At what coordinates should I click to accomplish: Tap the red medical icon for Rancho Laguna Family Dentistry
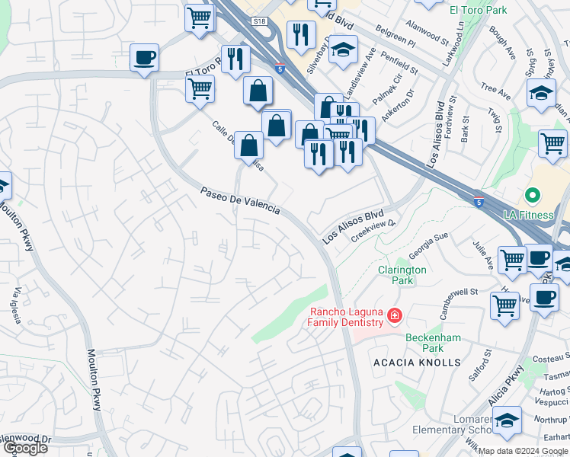(x=395, y=314)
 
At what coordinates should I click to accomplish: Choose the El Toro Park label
(x=478, y=10)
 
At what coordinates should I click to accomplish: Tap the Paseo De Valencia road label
(x=240, y=200)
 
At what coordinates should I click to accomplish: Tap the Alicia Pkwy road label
(x=508, y=387)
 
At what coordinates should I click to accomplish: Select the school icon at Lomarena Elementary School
(x=507, y=419)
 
